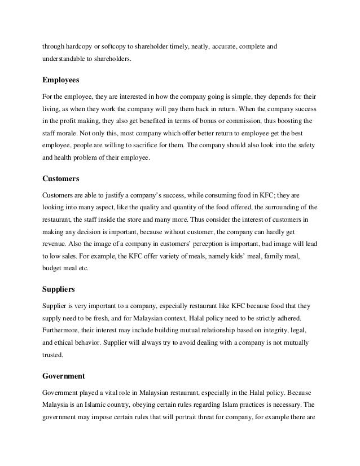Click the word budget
[x=54, y=270]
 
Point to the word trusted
[x=54, y=356]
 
